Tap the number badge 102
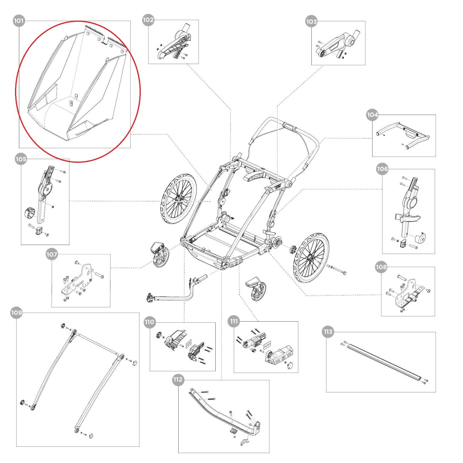tap(148, 20)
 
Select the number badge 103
tap(311, 22)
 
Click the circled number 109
tap(16, 313)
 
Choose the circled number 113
tap(328, 332)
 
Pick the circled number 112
tap(178, 380)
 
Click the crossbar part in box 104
tap(403, 135)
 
